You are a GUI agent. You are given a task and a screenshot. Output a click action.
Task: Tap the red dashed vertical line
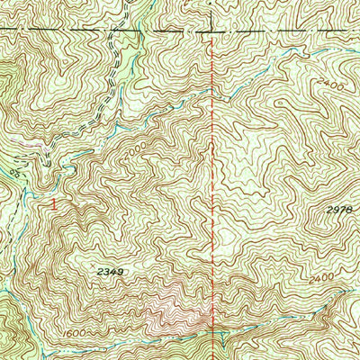[x=213, y=180]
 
